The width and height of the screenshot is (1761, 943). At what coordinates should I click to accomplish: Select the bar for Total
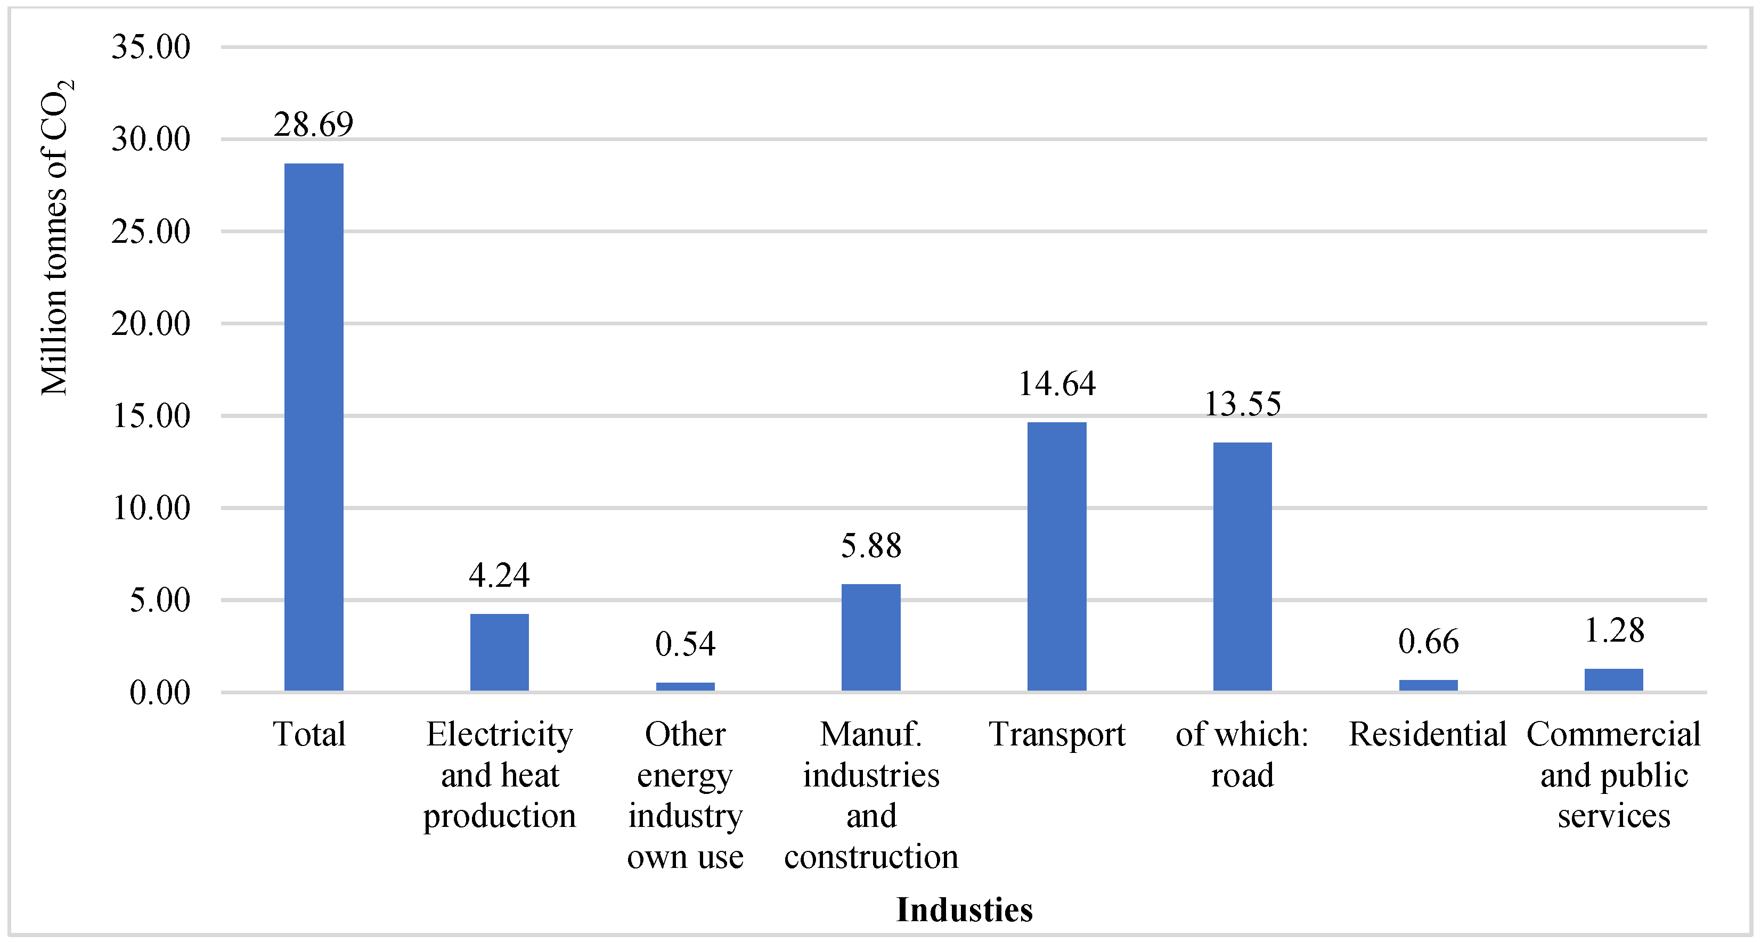click(314, 427)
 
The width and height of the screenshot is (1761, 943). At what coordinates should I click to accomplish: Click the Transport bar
click(1056, 556)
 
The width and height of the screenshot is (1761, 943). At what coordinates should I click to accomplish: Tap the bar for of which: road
click(1242, 567)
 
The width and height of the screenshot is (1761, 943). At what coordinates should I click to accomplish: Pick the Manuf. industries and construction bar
click(870, 637)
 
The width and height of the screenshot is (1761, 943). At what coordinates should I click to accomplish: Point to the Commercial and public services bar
click(1613, 679)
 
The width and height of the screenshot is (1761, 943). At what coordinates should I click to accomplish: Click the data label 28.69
click(314, 125)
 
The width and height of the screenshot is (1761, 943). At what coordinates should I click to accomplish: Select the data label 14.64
click(1056, 384)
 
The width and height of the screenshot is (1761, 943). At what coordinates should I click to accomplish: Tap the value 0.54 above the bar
click(685, 644)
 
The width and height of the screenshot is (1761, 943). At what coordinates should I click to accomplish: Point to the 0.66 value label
click(1428, 642)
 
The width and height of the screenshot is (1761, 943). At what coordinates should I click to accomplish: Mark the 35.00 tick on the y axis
click(151, 47)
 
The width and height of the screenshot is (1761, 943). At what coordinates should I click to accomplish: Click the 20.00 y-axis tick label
click(151, 324)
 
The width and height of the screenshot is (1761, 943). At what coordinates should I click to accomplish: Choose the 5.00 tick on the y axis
click(160, 601)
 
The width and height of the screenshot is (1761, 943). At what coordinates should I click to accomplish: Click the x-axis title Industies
click(964, 910)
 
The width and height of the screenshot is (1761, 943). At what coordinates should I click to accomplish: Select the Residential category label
click(1428, 735)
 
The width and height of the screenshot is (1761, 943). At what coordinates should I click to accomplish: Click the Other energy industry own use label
click(685, 796)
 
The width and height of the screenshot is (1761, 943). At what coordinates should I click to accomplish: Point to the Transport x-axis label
click(1056, 735)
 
